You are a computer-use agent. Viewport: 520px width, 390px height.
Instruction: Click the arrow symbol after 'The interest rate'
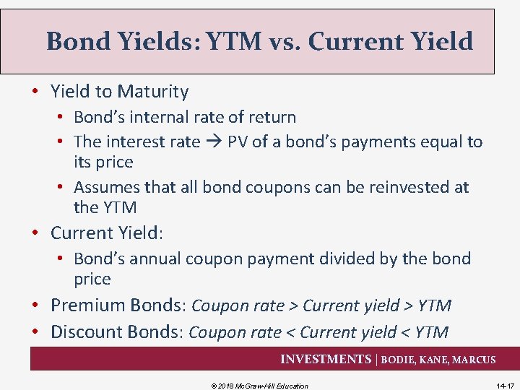[214, 142]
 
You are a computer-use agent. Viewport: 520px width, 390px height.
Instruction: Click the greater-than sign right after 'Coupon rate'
[293, 306]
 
